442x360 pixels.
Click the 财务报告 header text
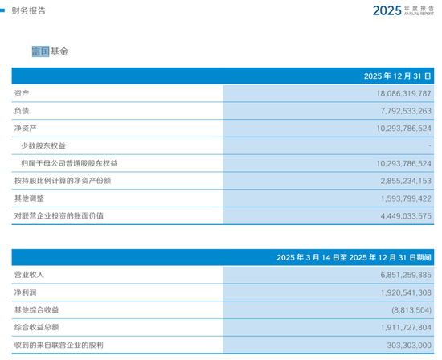(29, 10)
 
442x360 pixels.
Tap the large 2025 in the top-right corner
(391, 10)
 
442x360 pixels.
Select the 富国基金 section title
(50, 51)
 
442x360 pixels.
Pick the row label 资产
(22, 93)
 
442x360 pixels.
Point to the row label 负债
(22, 111)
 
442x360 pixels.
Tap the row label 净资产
(25, 129)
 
